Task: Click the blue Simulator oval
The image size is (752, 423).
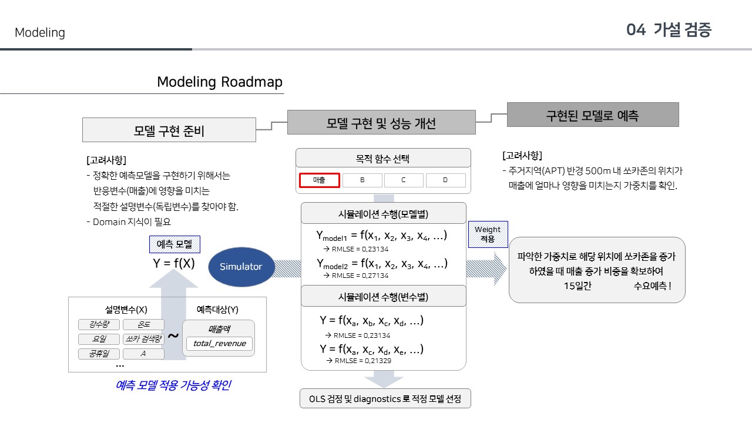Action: pos(240,267)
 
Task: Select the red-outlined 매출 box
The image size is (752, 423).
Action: pos(319,180)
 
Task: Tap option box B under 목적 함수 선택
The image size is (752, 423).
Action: pos(362,180)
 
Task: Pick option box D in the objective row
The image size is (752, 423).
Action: pos(445,180)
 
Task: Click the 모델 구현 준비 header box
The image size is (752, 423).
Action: pos(169,130)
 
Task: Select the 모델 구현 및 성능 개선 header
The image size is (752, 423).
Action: pos(381,123)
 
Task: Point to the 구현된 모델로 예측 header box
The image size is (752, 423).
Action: pos(592,115)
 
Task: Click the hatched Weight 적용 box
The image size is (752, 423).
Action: pos(488,234)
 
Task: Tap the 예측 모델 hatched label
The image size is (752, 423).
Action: pos(174,244)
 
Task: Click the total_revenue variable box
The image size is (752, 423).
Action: pos(219,344)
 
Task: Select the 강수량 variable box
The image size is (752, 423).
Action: pos(99,325)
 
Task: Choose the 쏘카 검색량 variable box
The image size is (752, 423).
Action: pos(143,339)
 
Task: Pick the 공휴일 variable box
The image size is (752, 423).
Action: pos(99,354)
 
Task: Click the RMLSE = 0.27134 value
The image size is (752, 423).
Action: pos(360,275)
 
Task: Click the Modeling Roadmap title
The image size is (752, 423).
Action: pos(219,82)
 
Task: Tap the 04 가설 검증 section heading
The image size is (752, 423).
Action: pos(669,31)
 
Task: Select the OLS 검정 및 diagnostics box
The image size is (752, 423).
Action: pos(385,399)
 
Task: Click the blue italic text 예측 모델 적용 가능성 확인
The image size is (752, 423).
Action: pos(173,385)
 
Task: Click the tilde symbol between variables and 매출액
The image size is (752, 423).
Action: pos(173,335)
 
